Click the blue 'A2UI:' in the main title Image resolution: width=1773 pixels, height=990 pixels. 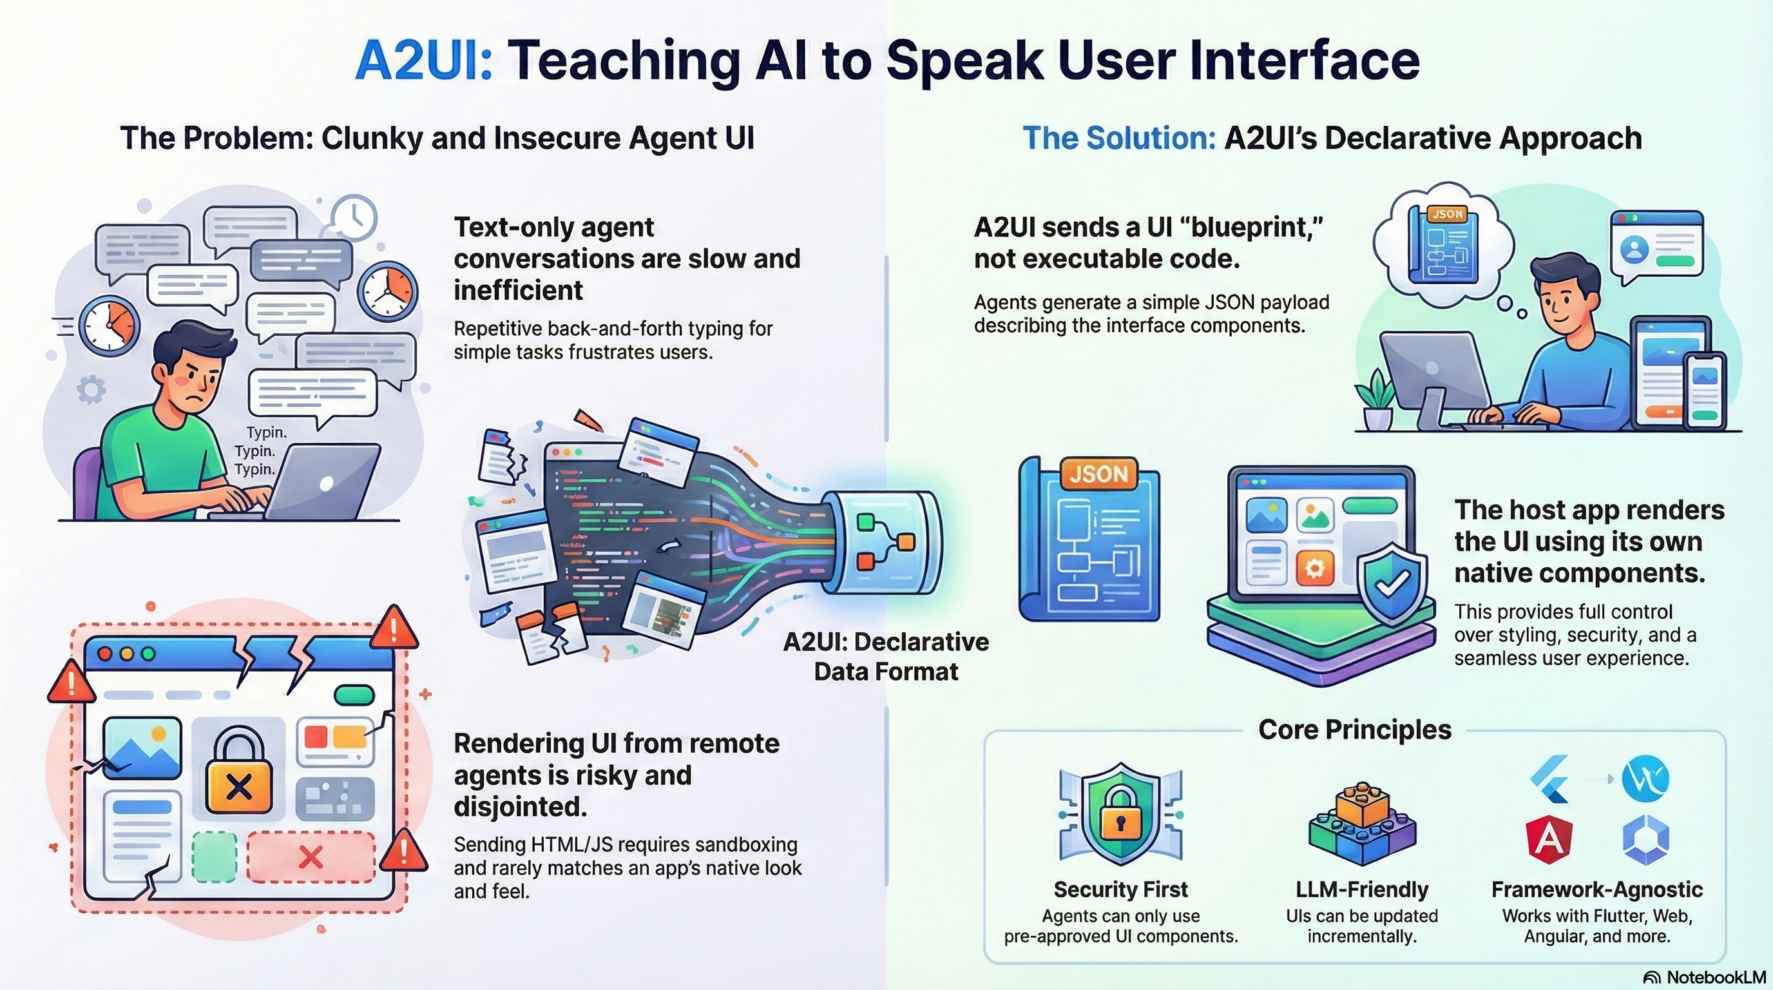click(423, 61)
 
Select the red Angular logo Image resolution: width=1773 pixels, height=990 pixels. click(1549, 839)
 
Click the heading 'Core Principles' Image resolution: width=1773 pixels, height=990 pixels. click(1354, 730)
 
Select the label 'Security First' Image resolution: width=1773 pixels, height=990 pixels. click(1120, 889)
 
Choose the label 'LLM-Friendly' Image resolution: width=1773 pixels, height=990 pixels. click(1362, 889)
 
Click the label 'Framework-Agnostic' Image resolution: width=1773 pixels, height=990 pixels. click(1597, 889)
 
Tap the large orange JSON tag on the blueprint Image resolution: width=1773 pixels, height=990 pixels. click(1098, 474)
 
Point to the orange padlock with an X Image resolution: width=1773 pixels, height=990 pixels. click(239, 775)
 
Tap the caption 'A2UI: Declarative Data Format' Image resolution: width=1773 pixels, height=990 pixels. click(886, 656)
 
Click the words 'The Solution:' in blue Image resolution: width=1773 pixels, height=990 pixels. click(1119, 139)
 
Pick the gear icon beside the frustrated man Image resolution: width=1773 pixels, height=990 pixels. click(91, 390)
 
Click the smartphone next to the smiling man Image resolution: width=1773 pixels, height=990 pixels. click(1704, 391)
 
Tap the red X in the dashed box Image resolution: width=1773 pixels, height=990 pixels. click(311, 857)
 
